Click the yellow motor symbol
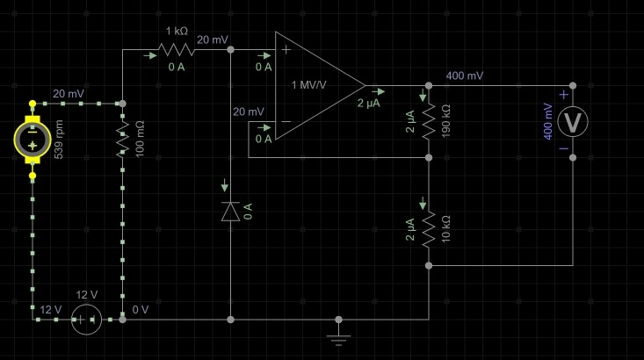click(x=33, y=140)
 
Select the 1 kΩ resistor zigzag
click(x=177, y=50)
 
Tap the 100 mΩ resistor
click(x=122, y=140)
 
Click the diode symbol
click(x=230, y=212)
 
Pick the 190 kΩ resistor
click(x=429, y=122)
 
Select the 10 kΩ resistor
click(x=429, y=229)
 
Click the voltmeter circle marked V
click(x=573, y=122)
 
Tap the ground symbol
click(x=338, y=337)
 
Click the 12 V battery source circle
click(x=86, y=320)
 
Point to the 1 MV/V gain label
click(x=309, y=85)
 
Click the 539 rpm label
click(x=59, y=140)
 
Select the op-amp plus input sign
click(x=286, y=50)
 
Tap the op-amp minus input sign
click(x=286, y=121)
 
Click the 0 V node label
click(x=141, y=309)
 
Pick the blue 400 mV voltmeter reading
click(x=548, y=121)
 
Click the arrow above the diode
click(x=224, y=185)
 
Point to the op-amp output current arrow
click(x=379, y=91)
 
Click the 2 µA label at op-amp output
click(x=368, y=103)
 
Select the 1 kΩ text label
click(x=177, y=32)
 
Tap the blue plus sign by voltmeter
click(x=564, y=95)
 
